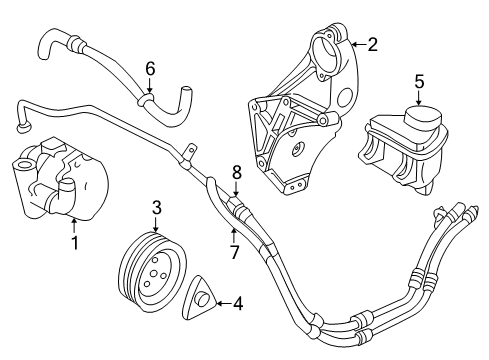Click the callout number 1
click(x=73, y=242)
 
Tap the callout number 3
click(x=157, y=208)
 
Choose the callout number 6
click(x=150, y=69)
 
